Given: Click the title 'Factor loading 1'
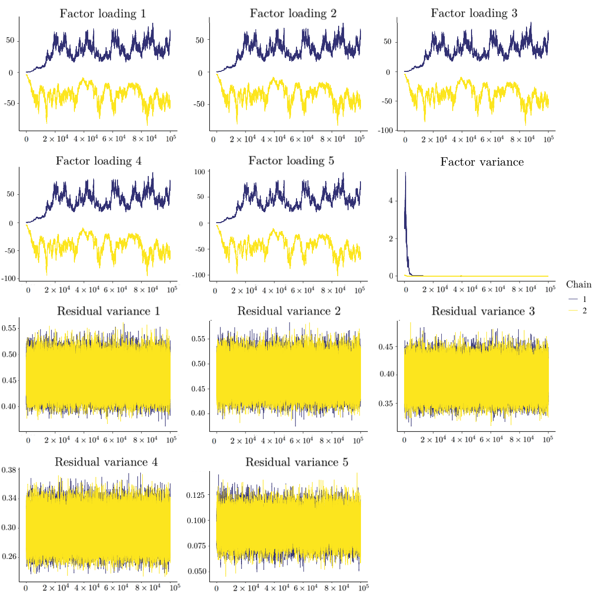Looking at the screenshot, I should point(103,13).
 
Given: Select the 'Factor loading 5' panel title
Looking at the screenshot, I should point(291,161).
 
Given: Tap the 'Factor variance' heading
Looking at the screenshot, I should point(482,162).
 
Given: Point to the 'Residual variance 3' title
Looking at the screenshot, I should point(483,311).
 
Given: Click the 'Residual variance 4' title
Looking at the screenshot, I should point(106,462).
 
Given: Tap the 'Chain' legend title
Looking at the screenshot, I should point(579,284).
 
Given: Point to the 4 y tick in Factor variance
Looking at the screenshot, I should point(390,201).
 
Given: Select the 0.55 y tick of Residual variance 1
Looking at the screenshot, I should point(9,328).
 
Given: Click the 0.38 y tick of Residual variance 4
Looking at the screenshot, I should point(9,470).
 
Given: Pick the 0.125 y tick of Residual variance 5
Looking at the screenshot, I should point(195,495).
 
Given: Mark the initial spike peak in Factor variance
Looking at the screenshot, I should point(406,173).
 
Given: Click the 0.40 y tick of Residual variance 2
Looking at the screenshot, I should point(198,414).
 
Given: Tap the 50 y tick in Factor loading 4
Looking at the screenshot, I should point(11,194).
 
